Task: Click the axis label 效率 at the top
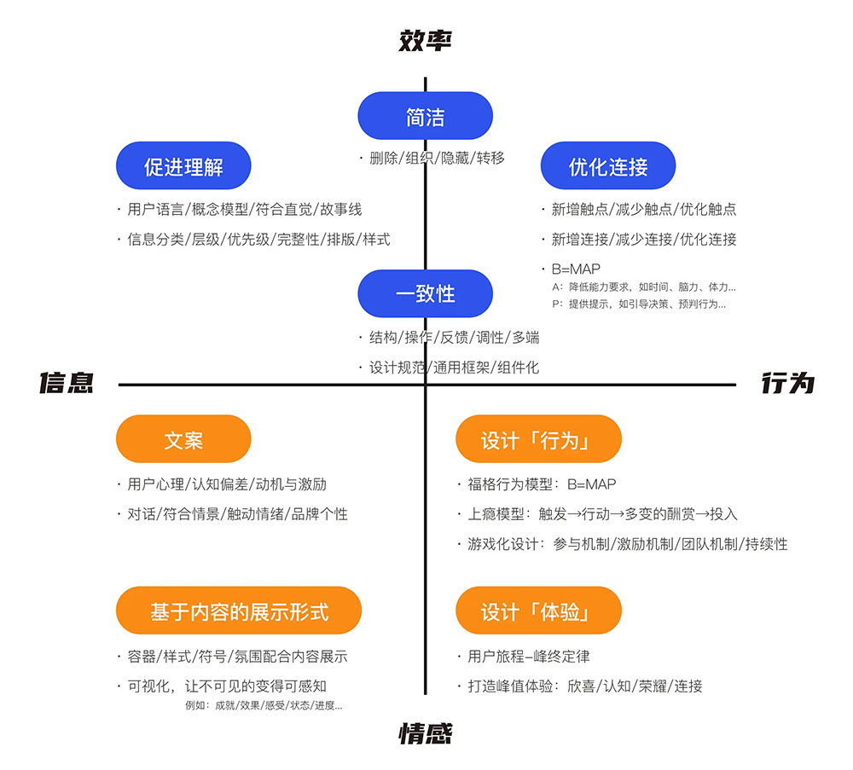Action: pos(425,40)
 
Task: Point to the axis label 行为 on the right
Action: pos(787,384)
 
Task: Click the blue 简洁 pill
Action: pos(425,116)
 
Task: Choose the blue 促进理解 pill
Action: pos(183,165)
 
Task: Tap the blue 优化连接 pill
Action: pos(608,165)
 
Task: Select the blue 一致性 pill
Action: pos(425,293)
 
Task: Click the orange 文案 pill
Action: pos(183,439)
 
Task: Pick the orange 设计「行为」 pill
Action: pos(538,439)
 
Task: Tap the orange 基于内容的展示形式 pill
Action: pos(239,611)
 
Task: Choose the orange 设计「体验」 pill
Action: pos(538,611)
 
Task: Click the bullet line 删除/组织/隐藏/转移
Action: pos(436,158)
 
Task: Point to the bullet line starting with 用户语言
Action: pos(244,209)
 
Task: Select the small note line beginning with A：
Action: pos(643,287)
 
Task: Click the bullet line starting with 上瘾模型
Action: pos(601,514)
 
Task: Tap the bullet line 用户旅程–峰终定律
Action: pos(528,656)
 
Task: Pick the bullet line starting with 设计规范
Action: pos(453,368)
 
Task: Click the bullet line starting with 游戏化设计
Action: pos(627,544)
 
